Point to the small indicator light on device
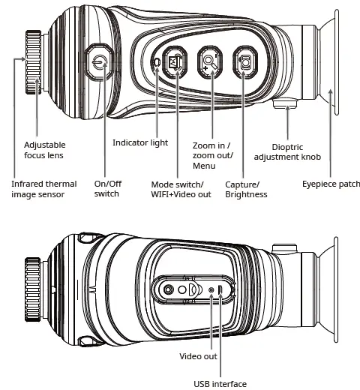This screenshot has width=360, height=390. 156,64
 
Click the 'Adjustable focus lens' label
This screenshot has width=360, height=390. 45,150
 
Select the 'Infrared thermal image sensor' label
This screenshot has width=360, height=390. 43,189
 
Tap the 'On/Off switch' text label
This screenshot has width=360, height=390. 109,188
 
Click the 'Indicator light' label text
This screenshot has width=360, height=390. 140,142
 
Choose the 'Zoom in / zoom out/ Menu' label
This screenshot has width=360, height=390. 213,155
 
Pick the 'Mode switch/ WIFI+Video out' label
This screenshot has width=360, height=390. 181,189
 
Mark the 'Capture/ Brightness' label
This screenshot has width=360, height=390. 247,189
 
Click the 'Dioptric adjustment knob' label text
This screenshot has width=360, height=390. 287,152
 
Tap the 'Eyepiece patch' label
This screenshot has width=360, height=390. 331,184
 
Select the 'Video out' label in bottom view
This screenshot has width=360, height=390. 199,356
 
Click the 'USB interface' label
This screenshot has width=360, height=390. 220,384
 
